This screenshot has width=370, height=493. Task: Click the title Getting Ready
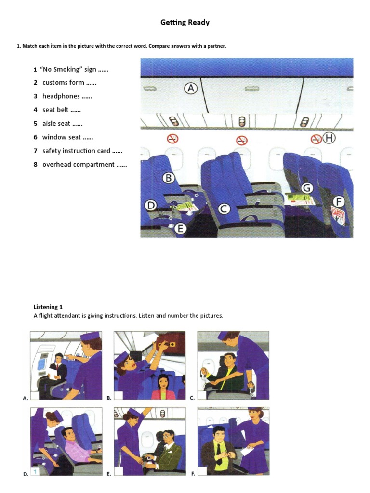(185, 23)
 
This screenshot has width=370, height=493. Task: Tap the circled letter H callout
(329, 139)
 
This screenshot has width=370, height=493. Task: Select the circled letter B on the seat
(169, 179)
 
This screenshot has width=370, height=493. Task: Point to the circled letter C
(224, 208)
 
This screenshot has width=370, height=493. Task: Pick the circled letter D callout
(151, 206)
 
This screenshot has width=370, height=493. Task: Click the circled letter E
(180, 229)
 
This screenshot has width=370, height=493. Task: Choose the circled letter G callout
(307, 187)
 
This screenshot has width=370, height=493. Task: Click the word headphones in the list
(61, 96)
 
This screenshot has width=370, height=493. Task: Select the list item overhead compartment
(78, 165)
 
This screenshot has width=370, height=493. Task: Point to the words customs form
(63, 83)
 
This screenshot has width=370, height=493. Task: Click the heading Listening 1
(48, 307)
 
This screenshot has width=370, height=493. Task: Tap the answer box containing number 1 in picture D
(35, 472)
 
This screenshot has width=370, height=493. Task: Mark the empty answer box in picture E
(119, 472)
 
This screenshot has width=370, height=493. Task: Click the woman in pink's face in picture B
(162, 381)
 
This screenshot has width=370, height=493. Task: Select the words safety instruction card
(76, 151)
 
